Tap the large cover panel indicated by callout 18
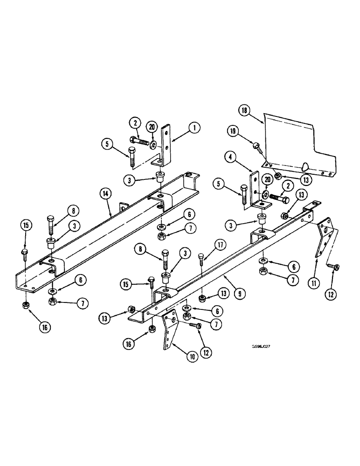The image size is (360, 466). pyautogui.click(x=298, y=140)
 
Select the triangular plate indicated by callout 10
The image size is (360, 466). pyautogui.click(x=168, y=331)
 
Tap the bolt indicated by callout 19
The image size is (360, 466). pyautogui.click(x=256, y=146)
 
